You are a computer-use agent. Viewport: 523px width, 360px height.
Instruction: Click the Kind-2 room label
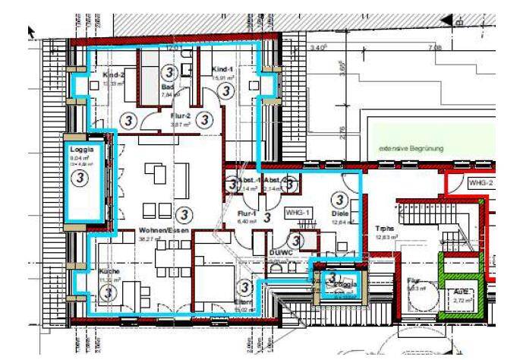[114, 75]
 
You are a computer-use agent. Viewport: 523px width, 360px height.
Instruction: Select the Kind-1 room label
[221, 69]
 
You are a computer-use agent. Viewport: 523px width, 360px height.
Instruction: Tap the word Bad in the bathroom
[168, 87]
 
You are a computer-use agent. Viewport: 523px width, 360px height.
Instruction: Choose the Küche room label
[110, 271]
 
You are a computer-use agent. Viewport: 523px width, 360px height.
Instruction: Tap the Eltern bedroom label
[242, 302]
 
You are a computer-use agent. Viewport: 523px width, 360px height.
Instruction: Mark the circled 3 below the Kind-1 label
[225, 90]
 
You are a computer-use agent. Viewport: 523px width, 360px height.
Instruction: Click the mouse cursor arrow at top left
[32, 30]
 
